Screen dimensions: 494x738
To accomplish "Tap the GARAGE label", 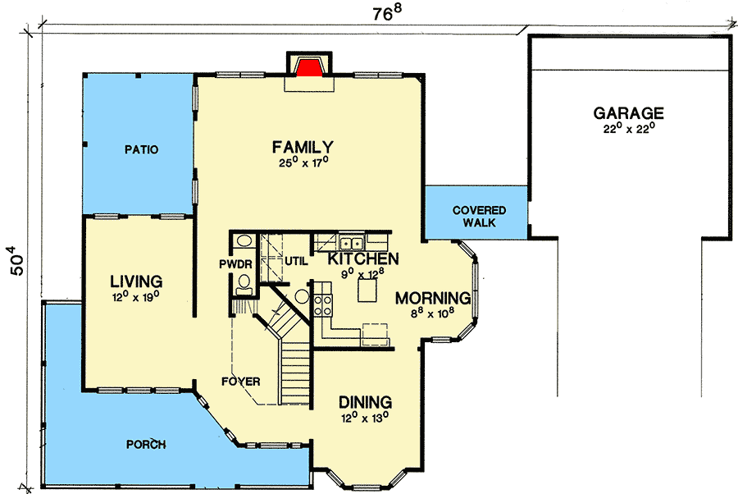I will [629, 113].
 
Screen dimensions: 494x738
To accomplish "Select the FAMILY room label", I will [303, 147].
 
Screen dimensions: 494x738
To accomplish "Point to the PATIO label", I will [141, 150].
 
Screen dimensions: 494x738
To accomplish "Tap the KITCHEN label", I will [363, 258].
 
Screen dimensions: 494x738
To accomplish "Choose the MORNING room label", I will [433, 297].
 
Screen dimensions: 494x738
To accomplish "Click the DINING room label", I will [365, 402].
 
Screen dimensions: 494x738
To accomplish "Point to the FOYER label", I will [240, 382].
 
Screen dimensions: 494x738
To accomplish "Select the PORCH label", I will [146, 445].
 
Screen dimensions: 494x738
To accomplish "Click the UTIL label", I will [296, 262].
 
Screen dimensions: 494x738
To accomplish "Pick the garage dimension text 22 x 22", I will [629, 129].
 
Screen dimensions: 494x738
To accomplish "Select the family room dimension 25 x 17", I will [303, 162].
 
